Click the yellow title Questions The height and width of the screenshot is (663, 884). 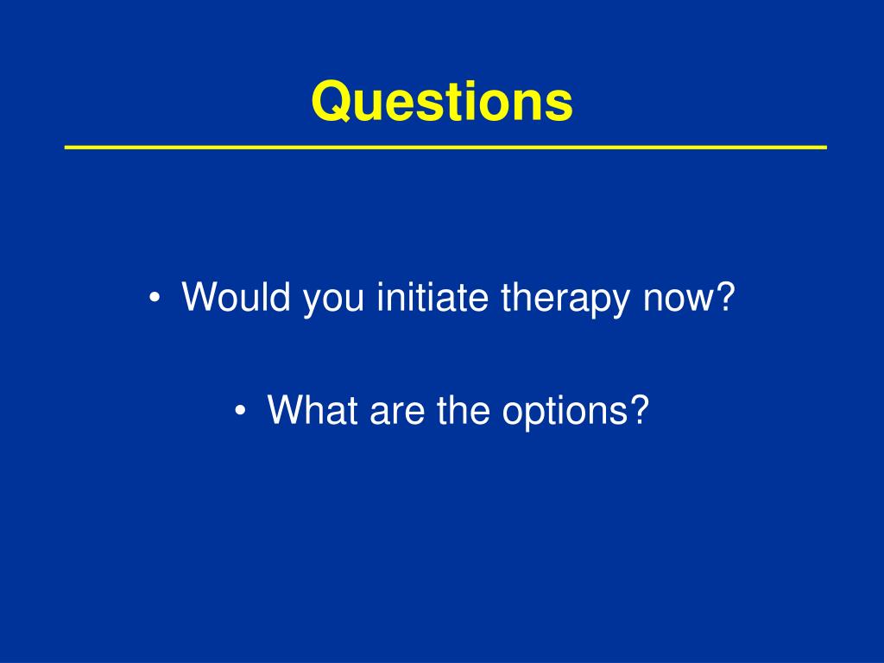pyautogui.click(x=442, y=102)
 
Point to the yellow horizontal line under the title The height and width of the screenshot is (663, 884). pyautogui.click(x=445, y=147)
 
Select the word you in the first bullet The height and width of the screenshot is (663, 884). pyautogui.click(x=333, y=301)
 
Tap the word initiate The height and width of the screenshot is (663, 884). pyautogui.click(x=433, y=297)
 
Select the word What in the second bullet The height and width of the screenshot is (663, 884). pyautogui.click(x=313, y=409)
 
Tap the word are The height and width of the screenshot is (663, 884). pyautogui.click(x=397, y=414)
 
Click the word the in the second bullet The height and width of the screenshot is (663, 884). pyautogui.click(x=463, y=409)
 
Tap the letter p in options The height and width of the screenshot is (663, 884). pyautogui.click(x=532, y=416)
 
